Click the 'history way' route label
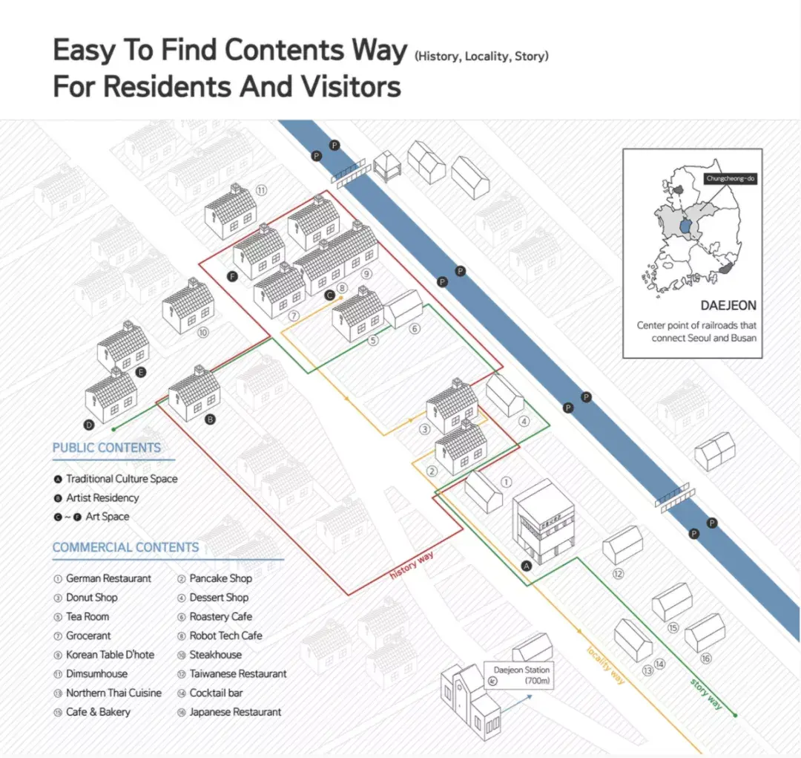tap(412, 565)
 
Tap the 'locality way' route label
tap(606, 665)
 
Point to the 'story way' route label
tap(707, 693)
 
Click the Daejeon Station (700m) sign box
tap(519, 675)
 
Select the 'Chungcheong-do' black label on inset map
tap(731, 178)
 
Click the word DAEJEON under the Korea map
tap(728, 305)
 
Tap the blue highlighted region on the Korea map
tap(685, 226)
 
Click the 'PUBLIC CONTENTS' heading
tap(107, 448)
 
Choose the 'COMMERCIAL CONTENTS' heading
tap(125, 547)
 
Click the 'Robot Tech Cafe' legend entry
tap(225, 636)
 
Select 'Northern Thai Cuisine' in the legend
tap(113, 693)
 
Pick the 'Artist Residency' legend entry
tap(102, 497)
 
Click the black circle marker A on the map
tap(526, 566)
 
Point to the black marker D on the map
tap(89, 425)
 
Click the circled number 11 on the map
tap(261, 191)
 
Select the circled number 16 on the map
tap(705, 659)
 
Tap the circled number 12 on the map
tap(618, 574)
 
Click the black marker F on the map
tap(232, 277)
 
